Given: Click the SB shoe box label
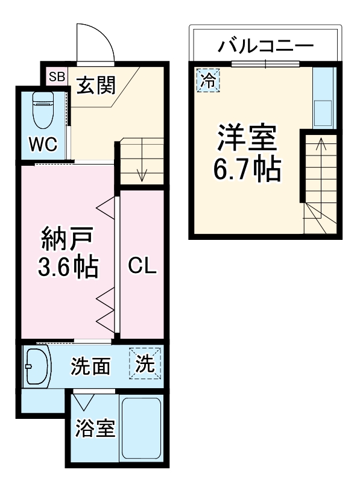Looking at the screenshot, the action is coord(57,77).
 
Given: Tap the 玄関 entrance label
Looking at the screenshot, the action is coord(96,85).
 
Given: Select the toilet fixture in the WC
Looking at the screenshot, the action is coord(43,110).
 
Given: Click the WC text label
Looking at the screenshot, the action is coord(43,145).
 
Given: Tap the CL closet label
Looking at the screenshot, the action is coord(142,266).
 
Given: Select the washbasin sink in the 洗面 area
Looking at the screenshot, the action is coord(37,366).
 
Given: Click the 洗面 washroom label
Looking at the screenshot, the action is coord(90,366).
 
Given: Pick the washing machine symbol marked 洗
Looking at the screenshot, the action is coord(145,363).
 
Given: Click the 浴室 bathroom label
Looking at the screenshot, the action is coord(95,428).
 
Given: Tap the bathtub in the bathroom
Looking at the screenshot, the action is coord(141,427).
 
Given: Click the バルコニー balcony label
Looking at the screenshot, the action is coord(266,46).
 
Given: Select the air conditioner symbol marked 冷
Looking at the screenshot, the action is coord(208,81).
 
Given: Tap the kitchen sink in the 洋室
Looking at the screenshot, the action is coord(323,113).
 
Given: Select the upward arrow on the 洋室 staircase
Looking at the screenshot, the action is coord(321,178).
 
